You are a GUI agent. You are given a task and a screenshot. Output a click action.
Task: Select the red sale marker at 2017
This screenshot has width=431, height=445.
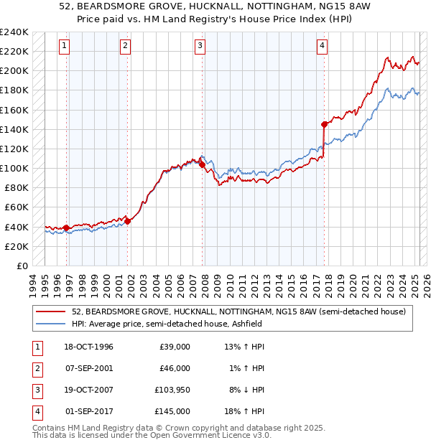point(325,124)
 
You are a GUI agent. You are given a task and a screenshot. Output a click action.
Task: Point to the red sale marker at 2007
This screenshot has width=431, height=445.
point(203,164)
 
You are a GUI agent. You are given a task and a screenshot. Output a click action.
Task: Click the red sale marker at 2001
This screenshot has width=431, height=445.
point(128,221)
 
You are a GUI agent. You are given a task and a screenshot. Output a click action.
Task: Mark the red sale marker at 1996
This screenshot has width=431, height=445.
point(67,228)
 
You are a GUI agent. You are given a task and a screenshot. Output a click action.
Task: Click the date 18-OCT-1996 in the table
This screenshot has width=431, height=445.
point(88,347)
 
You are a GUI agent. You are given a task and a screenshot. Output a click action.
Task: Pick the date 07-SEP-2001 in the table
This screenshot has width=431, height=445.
point(88,368)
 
